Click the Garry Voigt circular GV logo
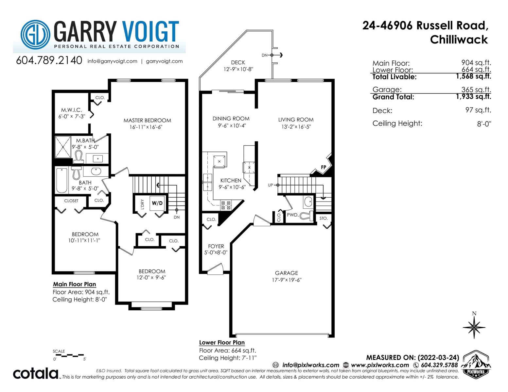[35, 35]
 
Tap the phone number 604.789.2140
[49, 60]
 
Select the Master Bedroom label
[147, 121]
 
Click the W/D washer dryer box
[157, 203]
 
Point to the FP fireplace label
[324, 167]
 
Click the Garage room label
[286, 273]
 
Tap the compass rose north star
[474, 327]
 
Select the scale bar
[69, 356]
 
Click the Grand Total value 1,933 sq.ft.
[473, 96]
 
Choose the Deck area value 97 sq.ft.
[478, 110]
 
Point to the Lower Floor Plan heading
[222, 342]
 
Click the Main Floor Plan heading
[75, 284]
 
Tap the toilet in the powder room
[307, 216]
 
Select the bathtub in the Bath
[62, 180]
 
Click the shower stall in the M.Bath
[63, 147]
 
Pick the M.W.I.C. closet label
[72, 110]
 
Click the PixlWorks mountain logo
[476, 365]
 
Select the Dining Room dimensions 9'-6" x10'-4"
[232, 126]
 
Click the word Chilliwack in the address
[459, 40]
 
